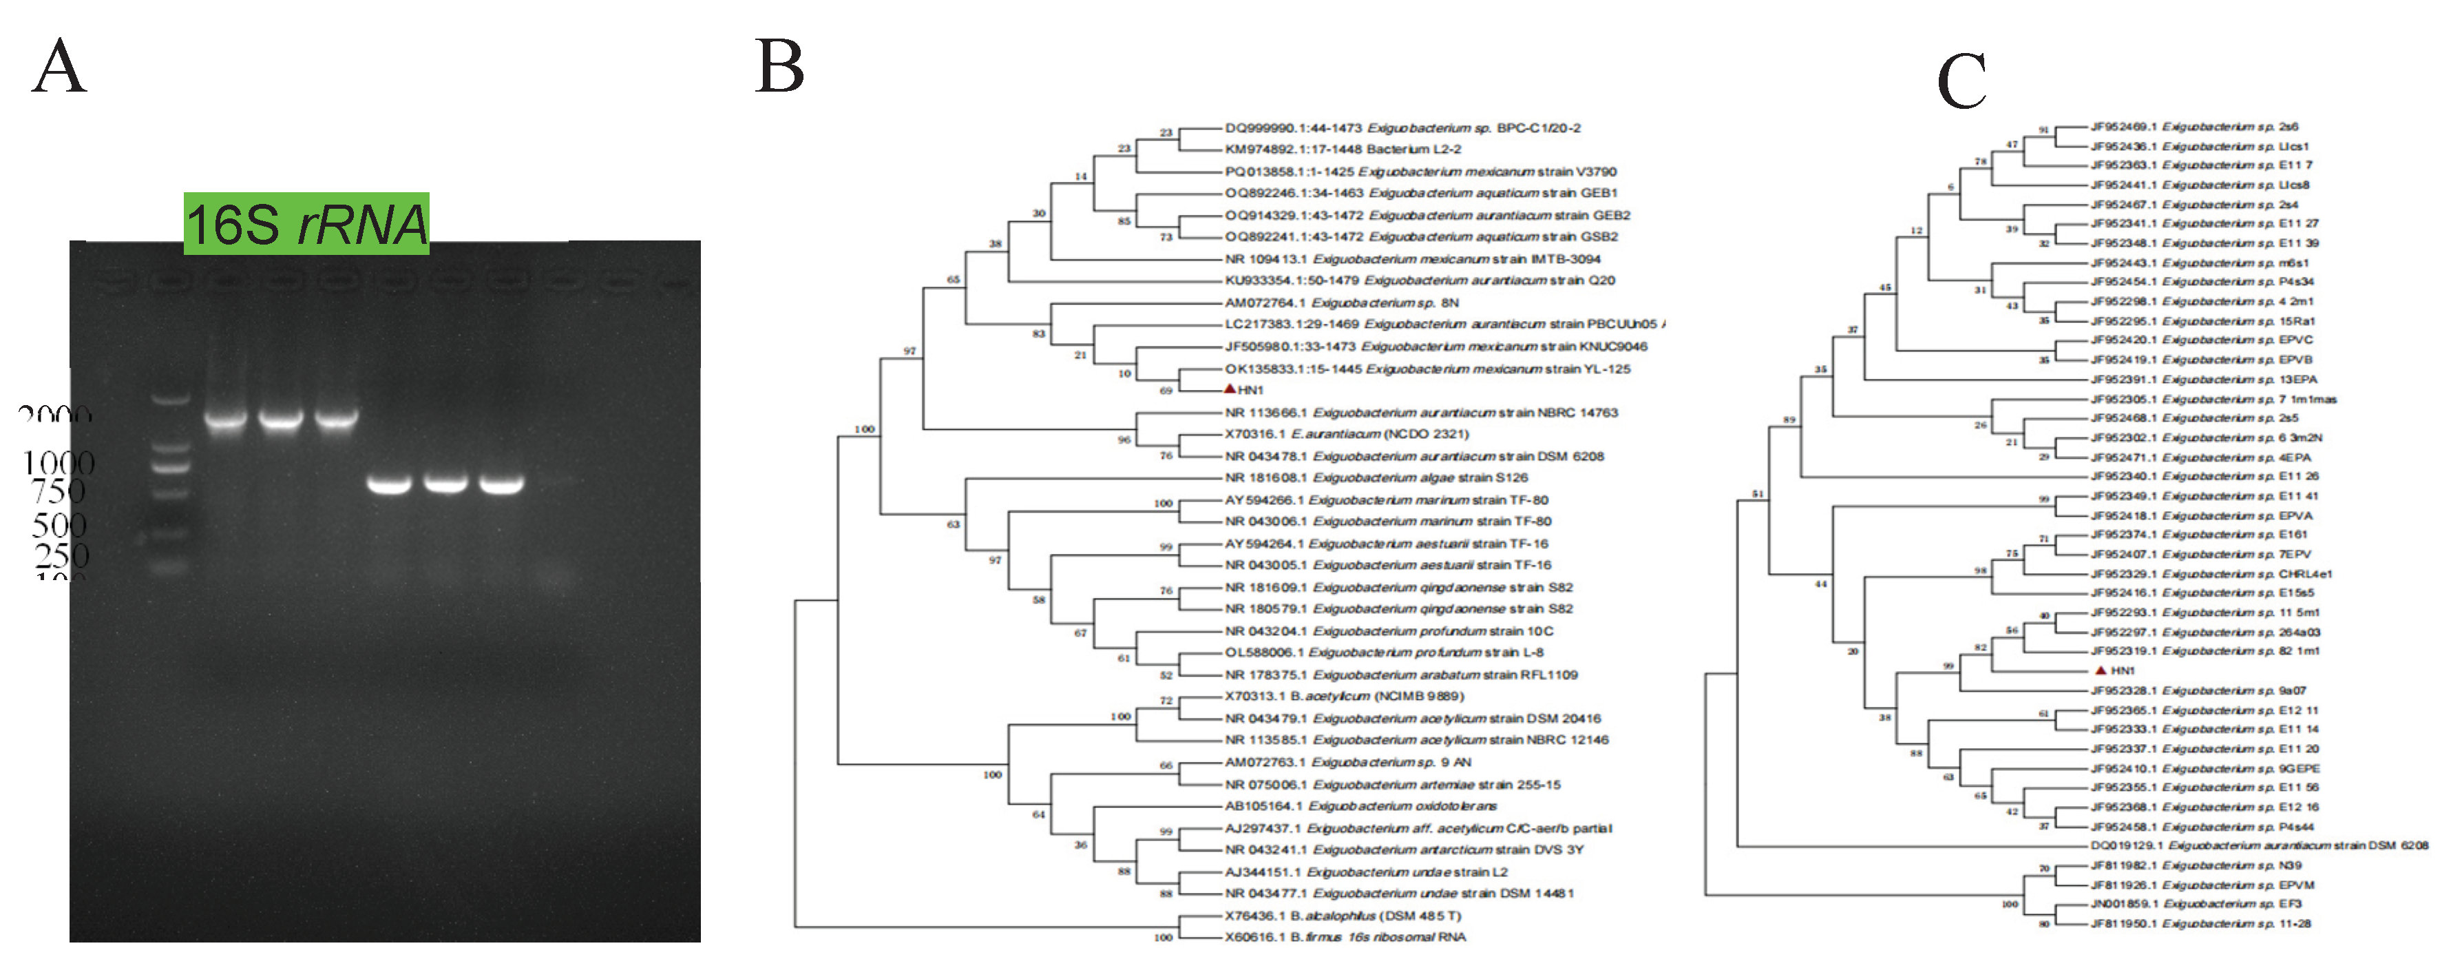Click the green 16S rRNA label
(x=306, y=225)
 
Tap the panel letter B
(x=779, y=67)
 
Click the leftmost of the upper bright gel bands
(x=226, y=418)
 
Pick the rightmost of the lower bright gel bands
(x=501, y=484)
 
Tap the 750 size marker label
(x=58, y=492)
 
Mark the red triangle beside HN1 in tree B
(x=1230, y=389)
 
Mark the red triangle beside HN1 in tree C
(x=2101, y=670)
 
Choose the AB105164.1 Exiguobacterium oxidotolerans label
(x=1360, y=806)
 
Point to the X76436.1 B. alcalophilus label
(x=1342, y=916)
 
